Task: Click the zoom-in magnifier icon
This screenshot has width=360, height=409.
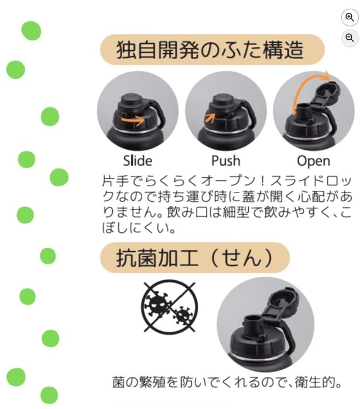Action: click(349, 18)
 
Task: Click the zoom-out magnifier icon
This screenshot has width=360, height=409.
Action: click(349, 38)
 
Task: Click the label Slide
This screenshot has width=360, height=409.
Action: click(138, 160)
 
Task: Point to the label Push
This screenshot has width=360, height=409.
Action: click(226, 160)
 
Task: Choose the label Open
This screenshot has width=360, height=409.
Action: click(314, 160)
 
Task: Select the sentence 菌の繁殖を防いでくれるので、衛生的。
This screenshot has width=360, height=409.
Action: click(227, 383)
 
